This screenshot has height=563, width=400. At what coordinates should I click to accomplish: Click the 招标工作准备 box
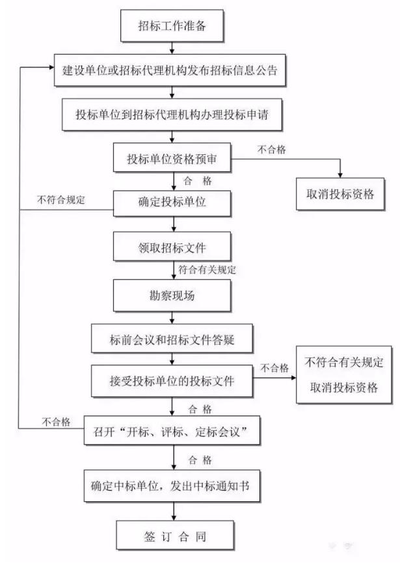[172, 26]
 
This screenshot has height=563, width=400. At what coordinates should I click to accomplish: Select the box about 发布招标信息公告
[170, 70]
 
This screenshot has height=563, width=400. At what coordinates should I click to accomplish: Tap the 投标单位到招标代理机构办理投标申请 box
[172, 115]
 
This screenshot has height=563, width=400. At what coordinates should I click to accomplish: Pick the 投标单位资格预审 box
[172, 158]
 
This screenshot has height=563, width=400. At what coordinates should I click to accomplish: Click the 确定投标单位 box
[172, 203]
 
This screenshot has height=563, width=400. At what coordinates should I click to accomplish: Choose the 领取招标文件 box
[172, 246]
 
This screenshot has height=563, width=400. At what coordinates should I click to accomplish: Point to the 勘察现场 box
[172, 295]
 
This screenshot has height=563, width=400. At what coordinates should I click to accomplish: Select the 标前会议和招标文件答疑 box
[172, 338]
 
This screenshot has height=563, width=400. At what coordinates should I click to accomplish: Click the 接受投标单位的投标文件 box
[172, 381]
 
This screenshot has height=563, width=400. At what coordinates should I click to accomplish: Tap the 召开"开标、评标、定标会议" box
[172, 430]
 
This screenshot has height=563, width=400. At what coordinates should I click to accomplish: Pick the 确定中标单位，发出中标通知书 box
[172, 486]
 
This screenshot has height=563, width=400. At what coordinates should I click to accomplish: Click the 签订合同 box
[175, 536]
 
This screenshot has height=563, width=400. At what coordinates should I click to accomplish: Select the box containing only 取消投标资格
[340, 194]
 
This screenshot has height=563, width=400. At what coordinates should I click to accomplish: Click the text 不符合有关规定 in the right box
[343, 363]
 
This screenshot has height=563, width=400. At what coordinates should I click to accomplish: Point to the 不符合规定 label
[61, 200]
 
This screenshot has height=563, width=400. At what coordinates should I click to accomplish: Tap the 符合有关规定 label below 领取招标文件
[207, 269]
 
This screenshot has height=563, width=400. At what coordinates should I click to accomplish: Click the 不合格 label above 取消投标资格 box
[272, 149]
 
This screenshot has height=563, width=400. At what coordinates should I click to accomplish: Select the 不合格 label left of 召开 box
[56, 422]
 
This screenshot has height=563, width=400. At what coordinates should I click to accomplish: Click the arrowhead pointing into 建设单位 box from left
[51, 67]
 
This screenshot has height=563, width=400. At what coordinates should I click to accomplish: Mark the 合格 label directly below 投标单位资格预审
[198, 180]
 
